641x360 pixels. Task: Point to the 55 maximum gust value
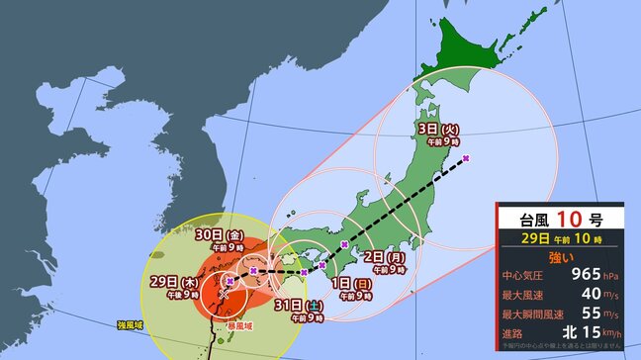tap(582, 321)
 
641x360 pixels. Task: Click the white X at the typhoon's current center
tap(226, 293)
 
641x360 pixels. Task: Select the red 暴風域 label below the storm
tap(239, 324)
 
